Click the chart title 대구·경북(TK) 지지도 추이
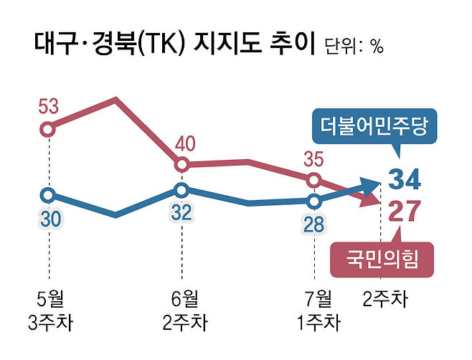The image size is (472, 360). [175, 44]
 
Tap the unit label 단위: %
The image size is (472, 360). [354, 47]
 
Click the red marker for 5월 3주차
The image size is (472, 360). [47, 130]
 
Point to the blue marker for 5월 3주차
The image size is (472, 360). [47, 195]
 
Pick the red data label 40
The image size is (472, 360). [184, 144]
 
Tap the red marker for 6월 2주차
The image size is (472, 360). [181, 165]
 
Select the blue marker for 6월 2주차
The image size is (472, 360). [181, 191]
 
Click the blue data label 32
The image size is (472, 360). [181, 214]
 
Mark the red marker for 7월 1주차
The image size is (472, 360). [314, 179]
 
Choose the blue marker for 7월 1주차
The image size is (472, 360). [314, 201]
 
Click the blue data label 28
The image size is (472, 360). [314, 224]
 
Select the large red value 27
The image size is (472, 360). [405, 213]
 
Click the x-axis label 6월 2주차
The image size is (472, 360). [184, 310]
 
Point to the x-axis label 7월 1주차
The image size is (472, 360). [318, 310]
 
